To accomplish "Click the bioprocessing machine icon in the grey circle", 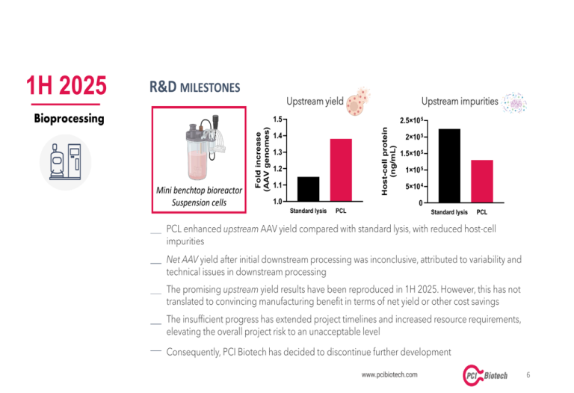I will (x=65, y=162).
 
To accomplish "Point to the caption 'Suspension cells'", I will (x=199, y=202).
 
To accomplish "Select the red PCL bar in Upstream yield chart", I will (x=341, y=170).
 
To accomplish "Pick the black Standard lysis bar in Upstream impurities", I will (x=449, y=165).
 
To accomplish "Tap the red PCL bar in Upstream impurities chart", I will (x=482, y=181).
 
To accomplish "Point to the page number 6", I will (x=529, y=374).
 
